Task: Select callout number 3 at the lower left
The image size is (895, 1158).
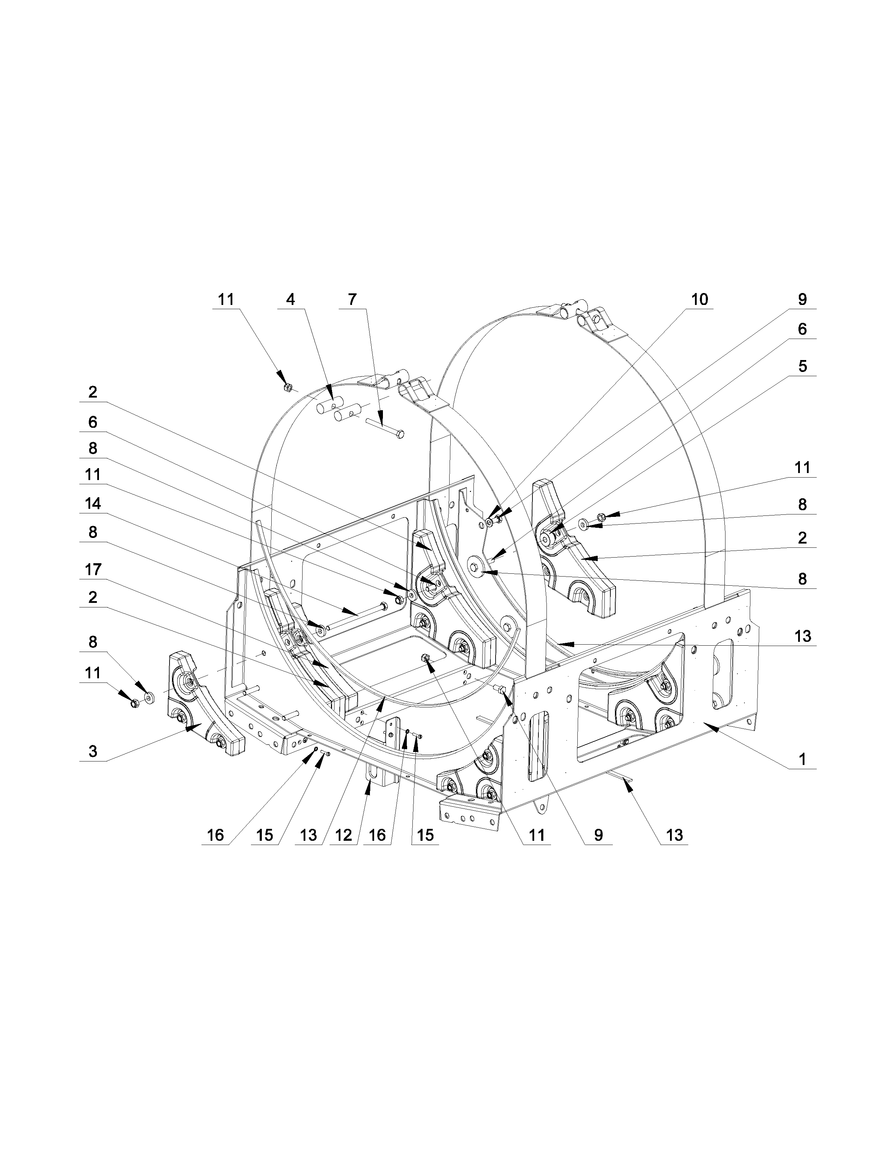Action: pos(93,751)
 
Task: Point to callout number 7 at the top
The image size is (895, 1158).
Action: pos(352,300)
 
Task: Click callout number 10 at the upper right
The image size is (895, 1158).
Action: pos(700,300)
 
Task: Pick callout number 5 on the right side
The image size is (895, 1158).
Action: pos(802,366)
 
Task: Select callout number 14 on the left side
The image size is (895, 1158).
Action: pos(93,503)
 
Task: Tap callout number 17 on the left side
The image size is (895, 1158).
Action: pos(93,570)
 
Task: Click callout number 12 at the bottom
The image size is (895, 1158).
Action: pos(344,836)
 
